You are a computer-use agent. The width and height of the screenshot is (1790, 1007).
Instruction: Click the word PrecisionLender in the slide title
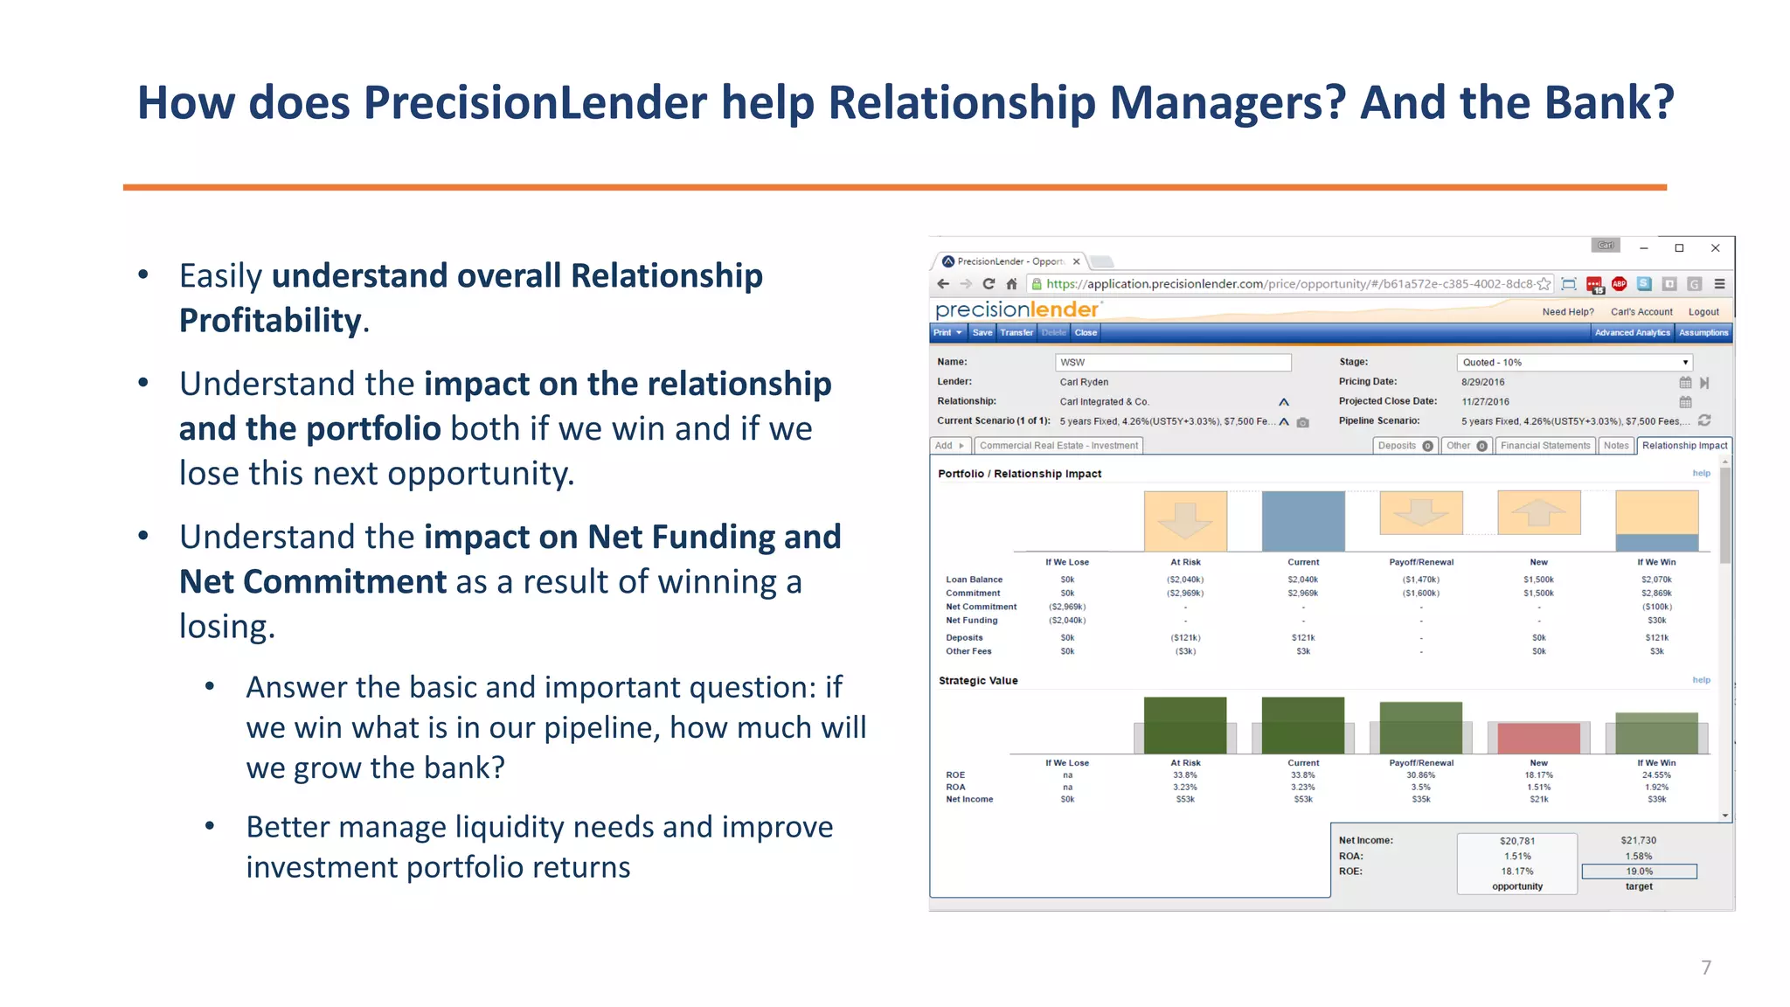point(536,102)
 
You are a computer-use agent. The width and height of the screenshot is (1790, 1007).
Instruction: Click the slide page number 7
point(1705,967)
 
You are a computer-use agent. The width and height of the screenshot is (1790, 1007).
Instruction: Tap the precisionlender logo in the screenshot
point(1017,309)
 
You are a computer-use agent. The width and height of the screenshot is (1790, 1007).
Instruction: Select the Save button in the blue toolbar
point(982,332)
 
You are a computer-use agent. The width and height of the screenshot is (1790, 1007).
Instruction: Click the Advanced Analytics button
point(1631,332)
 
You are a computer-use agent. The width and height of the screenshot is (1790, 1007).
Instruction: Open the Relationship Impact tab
point(1684,446)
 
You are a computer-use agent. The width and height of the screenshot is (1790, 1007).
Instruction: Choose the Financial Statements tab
point(1545,446)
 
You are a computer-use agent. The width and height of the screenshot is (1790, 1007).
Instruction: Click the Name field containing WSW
point(1172,362)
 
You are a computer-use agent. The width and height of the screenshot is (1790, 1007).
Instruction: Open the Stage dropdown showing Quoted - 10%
point(1574,362)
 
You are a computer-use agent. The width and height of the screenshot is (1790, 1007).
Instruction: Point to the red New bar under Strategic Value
point(1538,739)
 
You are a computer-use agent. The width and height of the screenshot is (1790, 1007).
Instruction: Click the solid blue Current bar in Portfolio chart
point(1302,521)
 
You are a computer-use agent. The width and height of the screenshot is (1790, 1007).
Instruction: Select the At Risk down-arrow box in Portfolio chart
point(1185,521)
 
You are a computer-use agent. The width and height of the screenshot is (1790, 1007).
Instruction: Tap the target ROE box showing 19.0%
point(1639,872)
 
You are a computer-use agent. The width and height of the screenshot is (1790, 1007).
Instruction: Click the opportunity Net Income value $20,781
point(1517,841)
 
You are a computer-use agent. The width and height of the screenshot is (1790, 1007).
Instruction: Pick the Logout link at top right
point(1703,312)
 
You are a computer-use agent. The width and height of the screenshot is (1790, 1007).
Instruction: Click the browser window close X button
point(1715,248)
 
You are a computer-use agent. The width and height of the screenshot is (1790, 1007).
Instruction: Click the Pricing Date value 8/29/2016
point(1482,382)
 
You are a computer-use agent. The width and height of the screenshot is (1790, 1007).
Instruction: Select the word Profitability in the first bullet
point(270,321)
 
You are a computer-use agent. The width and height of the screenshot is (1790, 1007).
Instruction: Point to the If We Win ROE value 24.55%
point(1656,775)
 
